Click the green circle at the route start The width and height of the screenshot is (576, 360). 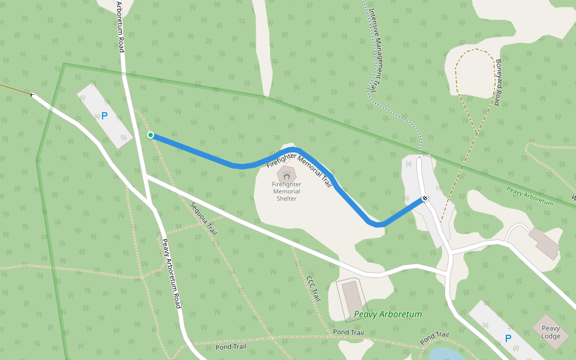pyautogui.click(x=151, y=135)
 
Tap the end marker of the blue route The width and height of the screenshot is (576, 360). pyautogui.click(x=425, y=198)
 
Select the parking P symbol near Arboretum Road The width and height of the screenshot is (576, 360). pyautogui.click(x=104, y=116)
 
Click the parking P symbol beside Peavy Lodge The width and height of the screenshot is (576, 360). pyautogui.click(x=508, y=338)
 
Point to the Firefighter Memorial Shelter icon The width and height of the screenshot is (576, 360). pyautogui.click(x=286, y=174)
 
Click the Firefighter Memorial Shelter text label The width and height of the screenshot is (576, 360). pyautogui.click(x=286, y=191)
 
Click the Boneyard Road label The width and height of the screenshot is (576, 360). pyautogui.click(x=497, y=82)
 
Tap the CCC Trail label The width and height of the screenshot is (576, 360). pyautogui.click(x=313, y=289)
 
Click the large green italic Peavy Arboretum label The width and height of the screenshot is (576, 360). pyautogui.click(x=388, y=314)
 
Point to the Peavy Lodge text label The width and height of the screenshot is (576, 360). pyautogui.click(x=551, y=332)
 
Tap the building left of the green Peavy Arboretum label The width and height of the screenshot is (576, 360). pyautogui.click(x=350, y=299)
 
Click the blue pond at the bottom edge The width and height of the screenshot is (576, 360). pyautogui.click(x=447, y=354)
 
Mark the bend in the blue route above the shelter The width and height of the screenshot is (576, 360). pyautogui.click(x=293, y=149)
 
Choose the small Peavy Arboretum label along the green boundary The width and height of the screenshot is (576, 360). pyautogui.click(x=529, y=197)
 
